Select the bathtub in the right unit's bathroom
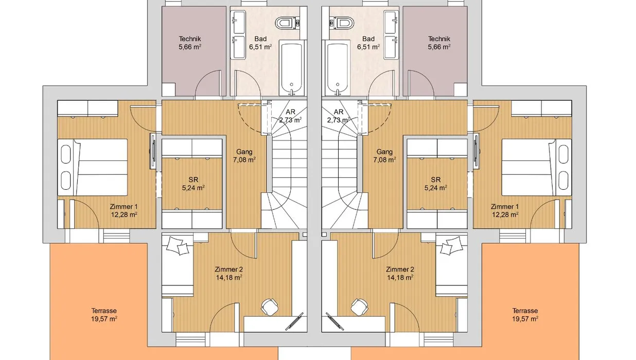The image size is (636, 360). [338, 67]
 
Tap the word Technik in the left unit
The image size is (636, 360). [190, 39]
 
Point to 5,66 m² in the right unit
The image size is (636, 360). [439, 47]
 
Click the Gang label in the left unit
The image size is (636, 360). [244, 152]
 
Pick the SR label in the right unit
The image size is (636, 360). [435, 179]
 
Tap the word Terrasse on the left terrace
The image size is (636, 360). [104, 311]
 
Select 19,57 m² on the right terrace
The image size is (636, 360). [525, 319]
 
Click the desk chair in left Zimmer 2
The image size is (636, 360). [270, 307]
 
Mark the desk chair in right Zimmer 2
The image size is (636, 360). [360, 307]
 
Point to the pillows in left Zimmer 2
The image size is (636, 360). [178, 246]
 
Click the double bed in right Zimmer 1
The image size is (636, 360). [537, 167]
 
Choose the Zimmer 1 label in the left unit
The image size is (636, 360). [123, 207]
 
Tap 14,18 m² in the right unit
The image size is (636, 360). [400, 277]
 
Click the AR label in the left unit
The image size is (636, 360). [290, 112]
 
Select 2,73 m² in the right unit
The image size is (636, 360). [338, 120]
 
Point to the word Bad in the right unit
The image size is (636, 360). [368, 39]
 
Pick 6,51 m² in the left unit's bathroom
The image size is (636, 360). [261, 47]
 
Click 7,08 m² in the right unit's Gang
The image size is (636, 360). [385, 160]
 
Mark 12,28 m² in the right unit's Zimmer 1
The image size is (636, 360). [505, 215]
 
